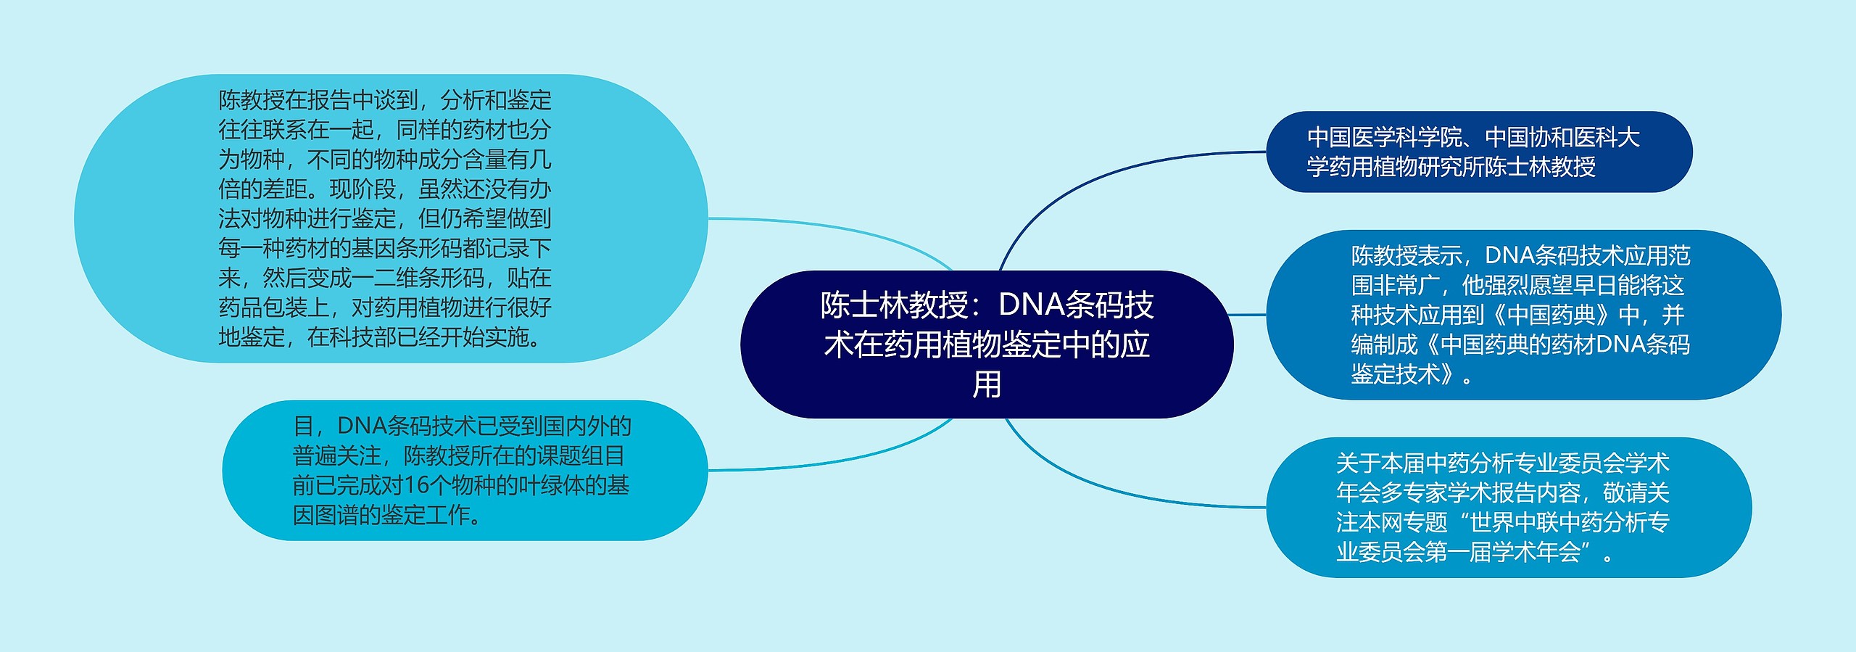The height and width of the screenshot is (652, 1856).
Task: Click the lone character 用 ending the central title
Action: tap(987, 384)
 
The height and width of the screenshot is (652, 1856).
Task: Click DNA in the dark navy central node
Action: tap(1033, 305)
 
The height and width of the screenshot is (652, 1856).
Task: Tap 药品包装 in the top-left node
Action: tap(262, 308)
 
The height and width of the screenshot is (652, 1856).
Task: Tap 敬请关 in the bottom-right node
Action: tap(1636, 492)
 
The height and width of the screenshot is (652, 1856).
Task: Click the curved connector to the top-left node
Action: tap(834, 226)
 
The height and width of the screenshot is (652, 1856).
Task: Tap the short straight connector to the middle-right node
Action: tap(1248, 315)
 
